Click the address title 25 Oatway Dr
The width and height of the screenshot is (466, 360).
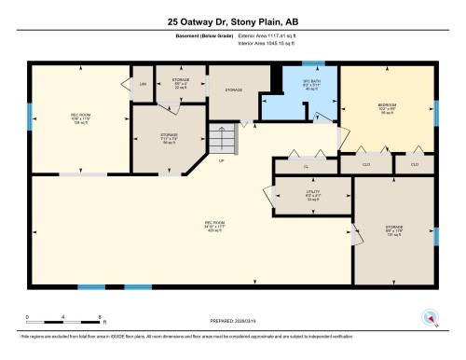233,21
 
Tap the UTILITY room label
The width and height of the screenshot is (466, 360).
312,196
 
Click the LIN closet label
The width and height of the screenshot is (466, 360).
143,85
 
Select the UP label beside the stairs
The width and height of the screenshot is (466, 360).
221,160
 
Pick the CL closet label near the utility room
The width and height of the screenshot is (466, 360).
306,165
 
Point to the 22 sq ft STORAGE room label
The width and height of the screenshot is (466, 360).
181,82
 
